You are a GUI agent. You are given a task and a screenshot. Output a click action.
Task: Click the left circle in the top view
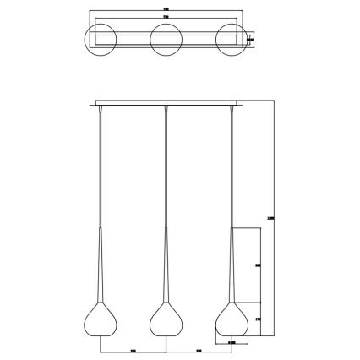[101, 39]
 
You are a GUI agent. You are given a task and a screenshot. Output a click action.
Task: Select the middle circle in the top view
[166, 39]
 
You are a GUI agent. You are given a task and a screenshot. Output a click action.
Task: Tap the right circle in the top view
[232, 39]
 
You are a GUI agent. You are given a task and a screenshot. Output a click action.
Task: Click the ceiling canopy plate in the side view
[166, 104]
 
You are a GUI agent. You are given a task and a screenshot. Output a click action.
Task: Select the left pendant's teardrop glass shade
[101, 321]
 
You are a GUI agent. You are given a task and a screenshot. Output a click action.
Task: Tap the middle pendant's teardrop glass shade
[166, 321]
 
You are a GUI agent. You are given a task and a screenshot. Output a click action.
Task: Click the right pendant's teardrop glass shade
[232, 321]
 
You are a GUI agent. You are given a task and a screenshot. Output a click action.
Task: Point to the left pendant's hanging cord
[101, 169]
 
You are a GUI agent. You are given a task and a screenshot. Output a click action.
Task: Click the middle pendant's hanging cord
[166, 169]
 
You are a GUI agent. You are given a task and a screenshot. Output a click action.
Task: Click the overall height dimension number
[270, 218]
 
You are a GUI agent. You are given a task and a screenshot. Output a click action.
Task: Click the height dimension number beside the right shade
[257, 320]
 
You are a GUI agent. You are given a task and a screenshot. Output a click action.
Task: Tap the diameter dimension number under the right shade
[232, 343]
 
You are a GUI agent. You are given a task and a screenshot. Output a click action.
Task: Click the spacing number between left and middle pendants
[134, 349]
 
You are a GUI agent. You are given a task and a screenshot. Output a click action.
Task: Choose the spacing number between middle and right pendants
[199, 349]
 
